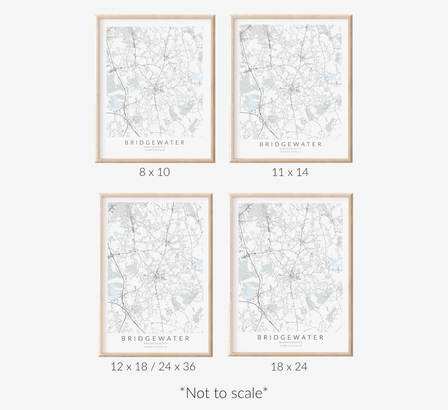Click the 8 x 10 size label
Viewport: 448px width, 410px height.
coord(154,172)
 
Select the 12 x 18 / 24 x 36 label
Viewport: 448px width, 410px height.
coord(153,367)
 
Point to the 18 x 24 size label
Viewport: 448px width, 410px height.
coord(289,367)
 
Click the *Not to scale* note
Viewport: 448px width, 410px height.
coord(224,393)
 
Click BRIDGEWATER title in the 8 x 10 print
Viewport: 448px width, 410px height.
coord(155,143)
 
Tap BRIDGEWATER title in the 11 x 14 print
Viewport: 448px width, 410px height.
coord(291,144)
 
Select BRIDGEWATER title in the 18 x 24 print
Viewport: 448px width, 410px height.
coord(291,337)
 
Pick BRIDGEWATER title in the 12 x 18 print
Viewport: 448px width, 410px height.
coord(155,338)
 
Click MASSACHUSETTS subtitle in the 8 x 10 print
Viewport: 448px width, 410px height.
coord(155,147)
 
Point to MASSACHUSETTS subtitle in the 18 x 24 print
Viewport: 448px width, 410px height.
coord(291,342)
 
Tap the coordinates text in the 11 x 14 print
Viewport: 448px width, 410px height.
coord(291,152)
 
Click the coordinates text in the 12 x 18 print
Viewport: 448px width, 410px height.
coord(155,347)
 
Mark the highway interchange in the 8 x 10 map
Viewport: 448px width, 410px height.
coord(127,120)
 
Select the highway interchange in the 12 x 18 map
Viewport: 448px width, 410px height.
coord(126,310)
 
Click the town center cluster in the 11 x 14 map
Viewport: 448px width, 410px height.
coord(292,90)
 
